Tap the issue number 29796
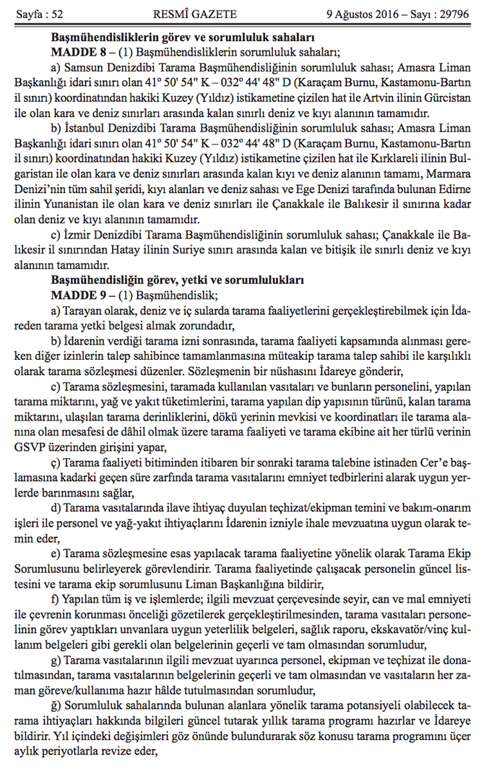pyautogui.click(x=449, y=14)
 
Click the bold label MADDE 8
pyautogui.click(x=77, y=53)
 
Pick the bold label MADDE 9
pyautogui.click(x=77, y=296)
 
